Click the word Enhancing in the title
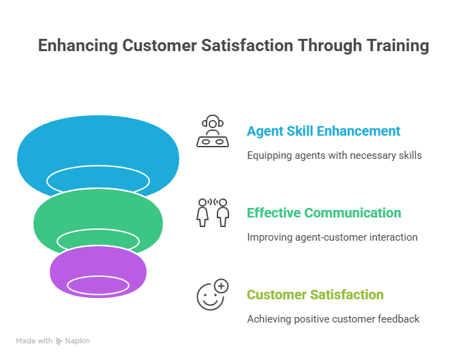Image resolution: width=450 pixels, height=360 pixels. (x=77, y=46)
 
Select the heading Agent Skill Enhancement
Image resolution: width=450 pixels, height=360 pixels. (x=324, y=131)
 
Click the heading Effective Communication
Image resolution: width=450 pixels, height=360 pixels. (x=324, y=213)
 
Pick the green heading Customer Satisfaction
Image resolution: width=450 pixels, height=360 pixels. (x=315, y=295)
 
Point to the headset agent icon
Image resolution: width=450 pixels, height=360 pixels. (x=213, y=132)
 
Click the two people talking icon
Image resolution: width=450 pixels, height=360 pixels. (x=213, y=212)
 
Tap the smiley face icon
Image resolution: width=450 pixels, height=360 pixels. (x=211, y=295)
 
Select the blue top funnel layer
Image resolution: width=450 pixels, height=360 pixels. (x=98, y=147)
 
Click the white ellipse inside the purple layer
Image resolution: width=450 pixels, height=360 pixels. (x=98, y=286)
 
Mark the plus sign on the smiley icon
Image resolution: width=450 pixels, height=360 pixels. (x=222, y=286)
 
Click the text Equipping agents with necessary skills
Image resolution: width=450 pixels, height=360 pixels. (x=334, y=155)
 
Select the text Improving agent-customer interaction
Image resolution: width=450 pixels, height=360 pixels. (x=332, y=237)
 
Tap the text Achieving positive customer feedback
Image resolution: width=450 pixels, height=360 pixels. (x=333, y=319)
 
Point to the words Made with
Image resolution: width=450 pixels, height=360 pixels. (x=35, y=340)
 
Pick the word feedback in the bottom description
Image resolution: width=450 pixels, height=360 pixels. (x=402, y=319)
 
